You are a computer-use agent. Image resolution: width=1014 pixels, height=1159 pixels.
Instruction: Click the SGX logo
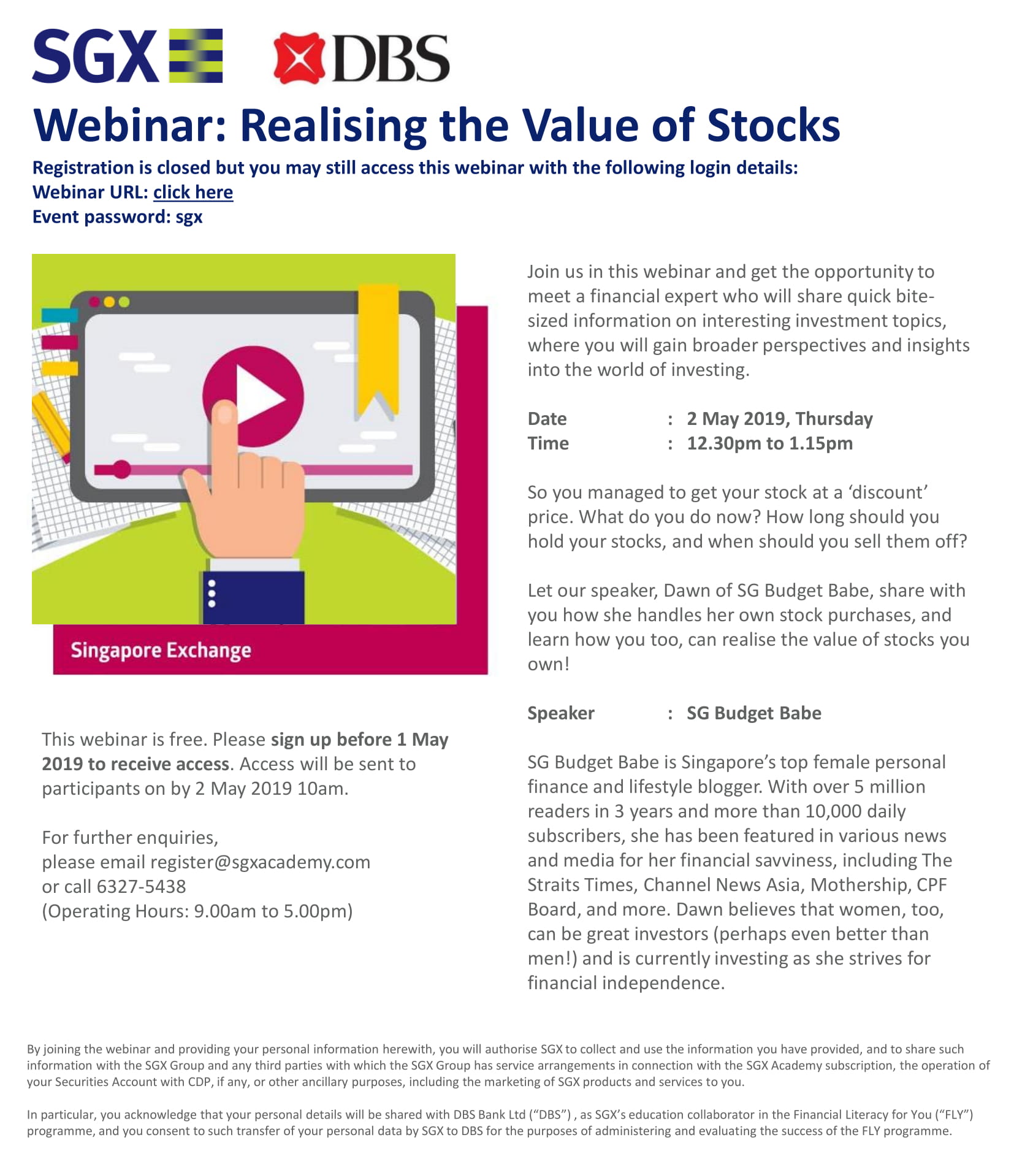click(128, 56)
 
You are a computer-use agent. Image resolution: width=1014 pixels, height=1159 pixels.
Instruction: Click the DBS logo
click(361, 58)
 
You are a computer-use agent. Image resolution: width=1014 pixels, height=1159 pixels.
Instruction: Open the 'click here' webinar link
click(193, 192)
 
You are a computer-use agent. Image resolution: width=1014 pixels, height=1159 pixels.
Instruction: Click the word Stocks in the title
click(773, 125)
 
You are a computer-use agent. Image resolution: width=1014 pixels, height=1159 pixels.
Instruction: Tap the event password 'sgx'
click(189, 218)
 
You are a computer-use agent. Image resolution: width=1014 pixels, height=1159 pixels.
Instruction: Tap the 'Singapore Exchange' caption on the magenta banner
click(161, 651)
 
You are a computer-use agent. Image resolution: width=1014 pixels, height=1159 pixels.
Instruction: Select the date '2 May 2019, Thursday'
click(780, 419)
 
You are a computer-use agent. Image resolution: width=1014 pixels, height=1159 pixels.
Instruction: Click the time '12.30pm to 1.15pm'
click(769, 443)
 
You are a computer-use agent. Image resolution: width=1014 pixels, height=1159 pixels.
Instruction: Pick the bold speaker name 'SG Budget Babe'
click(754, 713)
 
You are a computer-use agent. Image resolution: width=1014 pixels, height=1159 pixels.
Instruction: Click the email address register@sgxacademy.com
click(260, 862)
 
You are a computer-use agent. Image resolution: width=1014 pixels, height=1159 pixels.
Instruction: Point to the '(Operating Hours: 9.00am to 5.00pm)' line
click(197, 911)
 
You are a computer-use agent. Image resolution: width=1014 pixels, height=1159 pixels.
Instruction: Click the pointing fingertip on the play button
click(225, 413)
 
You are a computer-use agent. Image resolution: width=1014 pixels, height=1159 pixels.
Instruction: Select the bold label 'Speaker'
click(561, 713)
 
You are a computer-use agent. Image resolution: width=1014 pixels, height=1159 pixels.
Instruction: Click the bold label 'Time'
click(548, 443)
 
